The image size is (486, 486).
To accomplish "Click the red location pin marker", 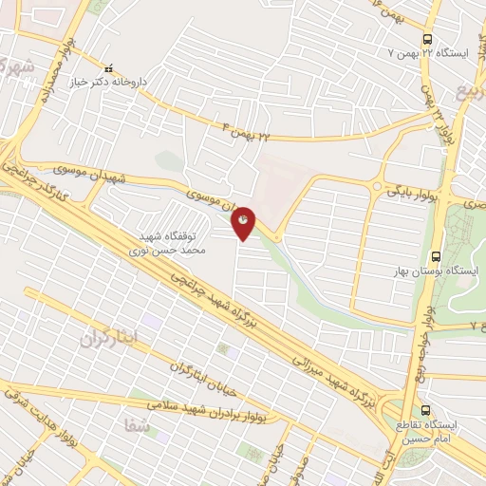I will pos(244,221).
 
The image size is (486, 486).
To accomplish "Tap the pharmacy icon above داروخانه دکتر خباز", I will pos(106,68).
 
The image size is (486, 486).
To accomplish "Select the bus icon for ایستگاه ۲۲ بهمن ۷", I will pos(428,39).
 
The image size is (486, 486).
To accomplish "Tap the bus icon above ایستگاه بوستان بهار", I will pos(435,256).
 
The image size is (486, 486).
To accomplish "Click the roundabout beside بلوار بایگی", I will pos(379,186).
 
